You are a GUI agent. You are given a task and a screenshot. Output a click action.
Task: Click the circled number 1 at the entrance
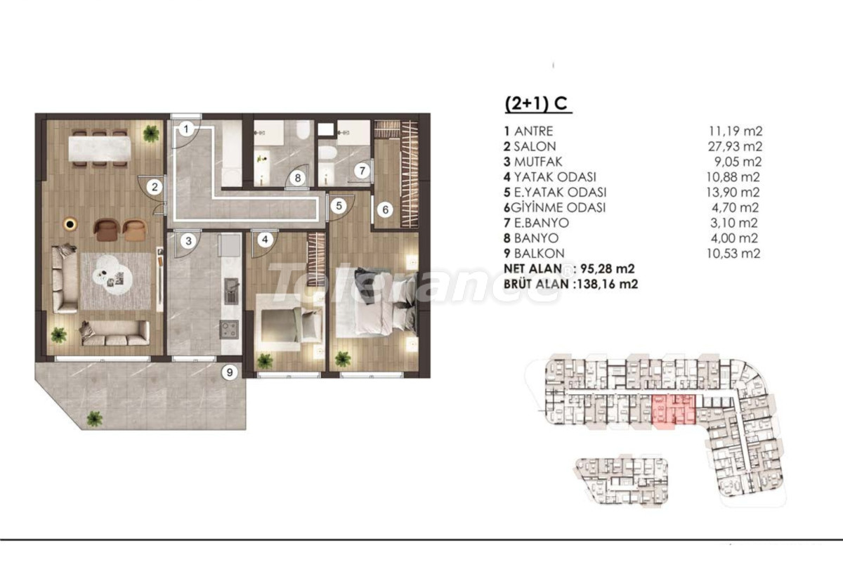coord(186,129)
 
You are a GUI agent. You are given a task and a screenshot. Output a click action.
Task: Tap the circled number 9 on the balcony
coord(229,372)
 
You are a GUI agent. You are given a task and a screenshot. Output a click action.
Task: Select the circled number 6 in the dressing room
coord(385,209)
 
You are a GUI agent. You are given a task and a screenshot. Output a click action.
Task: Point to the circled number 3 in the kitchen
coord(188,241)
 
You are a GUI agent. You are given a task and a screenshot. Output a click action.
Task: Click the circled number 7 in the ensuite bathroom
coord(362,171)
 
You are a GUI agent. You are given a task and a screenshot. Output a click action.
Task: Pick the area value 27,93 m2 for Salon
coord(735,146)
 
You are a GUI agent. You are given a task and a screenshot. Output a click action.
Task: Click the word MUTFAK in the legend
coord(538,162)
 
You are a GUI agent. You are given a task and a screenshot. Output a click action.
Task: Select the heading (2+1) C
coord(536,103)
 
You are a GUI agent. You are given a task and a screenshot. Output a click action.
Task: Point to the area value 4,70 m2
coord(735,207)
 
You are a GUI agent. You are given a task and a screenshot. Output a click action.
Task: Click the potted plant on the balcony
coord(94,418)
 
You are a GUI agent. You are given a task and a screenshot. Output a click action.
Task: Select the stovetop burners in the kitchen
coord(229,330)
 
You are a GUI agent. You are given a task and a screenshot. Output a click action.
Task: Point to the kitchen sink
coord(231,292)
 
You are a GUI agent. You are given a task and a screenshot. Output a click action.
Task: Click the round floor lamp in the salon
coord(70,224)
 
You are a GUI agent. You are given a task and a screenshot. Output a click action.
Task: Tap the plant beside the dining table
coord(150,133)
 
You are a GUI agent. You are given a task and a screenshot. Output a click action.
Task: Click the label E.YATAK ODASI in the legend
coord(561,193)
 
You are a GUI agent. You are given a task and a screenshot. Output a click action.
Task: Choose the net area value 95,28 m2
coord(608,268)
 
